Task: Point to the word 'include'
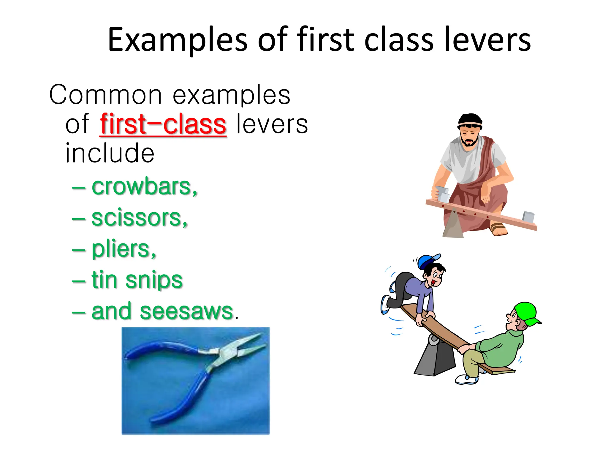(110, 153)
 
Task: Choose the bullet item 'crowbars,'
(144, 187)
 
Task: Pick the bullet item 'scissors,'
(140, 218)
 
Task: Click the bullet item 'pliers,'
(123, 249)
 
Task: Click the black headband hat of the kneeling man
(470, 120)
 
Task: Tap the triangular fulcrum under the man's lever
(453, 226)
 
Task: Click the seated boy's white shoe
(466, 380)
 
